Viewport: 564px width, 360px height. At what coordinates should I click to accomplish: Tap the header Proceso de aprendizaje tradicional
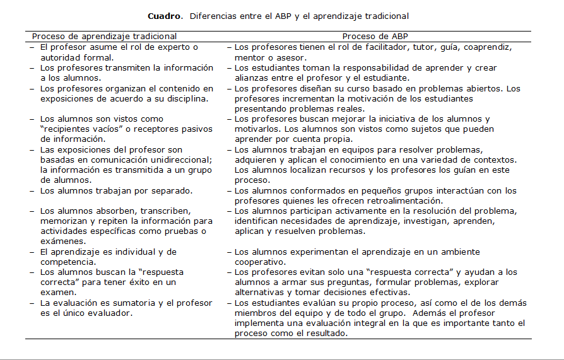[x=105, y=37]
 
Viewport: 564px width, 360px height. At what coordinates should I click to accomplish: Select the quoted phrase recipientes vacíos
[x=79, y=129]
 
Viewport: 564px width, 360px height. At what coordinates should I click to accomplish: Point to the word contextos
[x=495, y=160]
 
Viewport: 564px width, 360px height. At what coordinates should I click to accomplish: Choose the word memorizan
[x=65, y=221]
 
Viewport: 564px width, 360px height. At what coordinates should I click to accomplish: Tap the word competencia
[x=68, y=262]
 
